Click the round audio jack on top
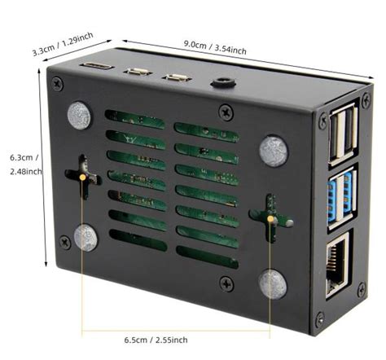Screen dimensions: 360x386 pos(221,82)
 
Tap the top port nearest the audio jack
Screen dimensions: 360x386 pos(177,78)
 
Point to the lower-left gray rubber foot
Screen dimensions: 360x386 pos(86,237)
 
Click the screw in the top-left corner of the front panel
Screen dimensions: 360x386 pos(57,83)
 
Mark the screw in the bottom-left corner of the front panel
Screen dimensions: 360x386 pos(60,239)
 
